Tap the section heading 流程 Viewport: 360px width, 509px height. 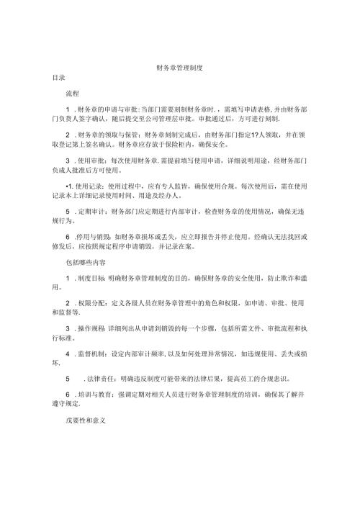coord(73,94)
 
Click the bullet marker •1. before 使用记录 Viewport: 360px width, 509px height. coord(69,184)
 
